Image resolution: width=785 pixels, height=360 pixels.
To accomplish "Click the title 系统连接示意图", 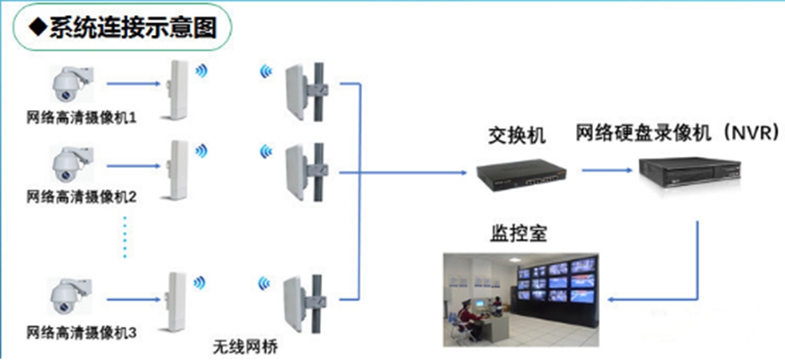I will [x=128, y=29].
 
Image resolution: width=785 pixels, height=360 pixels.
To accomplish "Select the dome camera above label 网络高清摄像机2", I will [x=67, y=165].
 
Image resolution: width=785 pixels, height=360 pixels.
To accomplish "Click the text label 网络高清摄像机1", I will [x=82, y=116].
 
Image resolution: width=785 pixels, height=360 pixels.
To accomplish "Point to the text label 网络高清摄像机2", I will [x=82, y=197].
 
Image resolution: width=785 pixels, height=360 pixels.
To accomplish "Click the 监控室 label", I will [x=515, y=232].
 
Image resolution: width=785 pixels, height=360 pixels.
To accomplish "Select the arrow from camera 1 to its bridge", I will [x=137, y=84].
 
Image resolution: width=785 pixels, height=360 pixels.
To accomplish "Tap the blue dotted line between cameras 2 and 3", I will [x=125, y=236].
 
